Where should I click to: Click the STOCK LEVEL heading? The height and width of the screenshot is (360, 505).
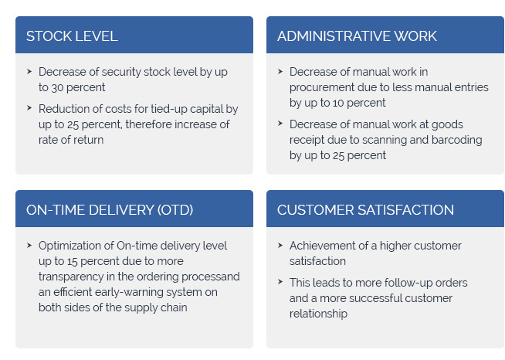[x=72, y=36]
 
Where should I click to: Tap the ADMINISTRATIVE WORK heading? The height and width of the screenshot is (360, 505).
[x=357, y=36]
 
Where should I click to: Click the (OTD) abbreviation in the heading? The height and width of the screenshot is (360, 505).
[x=175, y=210]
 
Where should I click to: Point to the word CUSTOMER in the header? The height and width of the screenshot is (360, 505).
[x=316, y=210]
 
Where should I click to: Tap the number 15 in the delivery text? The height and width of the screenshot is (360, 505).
[x=72, y=261]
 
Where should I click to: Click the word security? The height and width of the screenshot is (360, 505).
[x=121, y=72]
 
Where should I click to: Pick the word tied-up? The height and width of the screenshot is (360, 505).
[x=169, y=109]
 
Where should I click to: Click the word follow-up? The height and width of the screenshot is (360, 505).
[x=408, y=283]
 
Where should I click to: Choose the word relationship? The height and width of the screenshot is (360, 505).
[x=318, y=314]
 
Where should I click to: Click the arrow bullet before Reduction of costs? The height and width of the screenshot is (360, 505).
[x=29, y=107]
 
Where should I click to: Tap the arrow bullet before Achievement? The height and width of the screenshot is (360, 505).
[x=280, y=245]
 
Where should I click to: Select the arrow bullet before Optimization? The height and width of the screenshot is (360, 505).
[x=29, y=245]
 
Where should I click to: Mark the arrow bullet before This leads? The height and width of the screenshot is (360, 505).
[x=280, y=282]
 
